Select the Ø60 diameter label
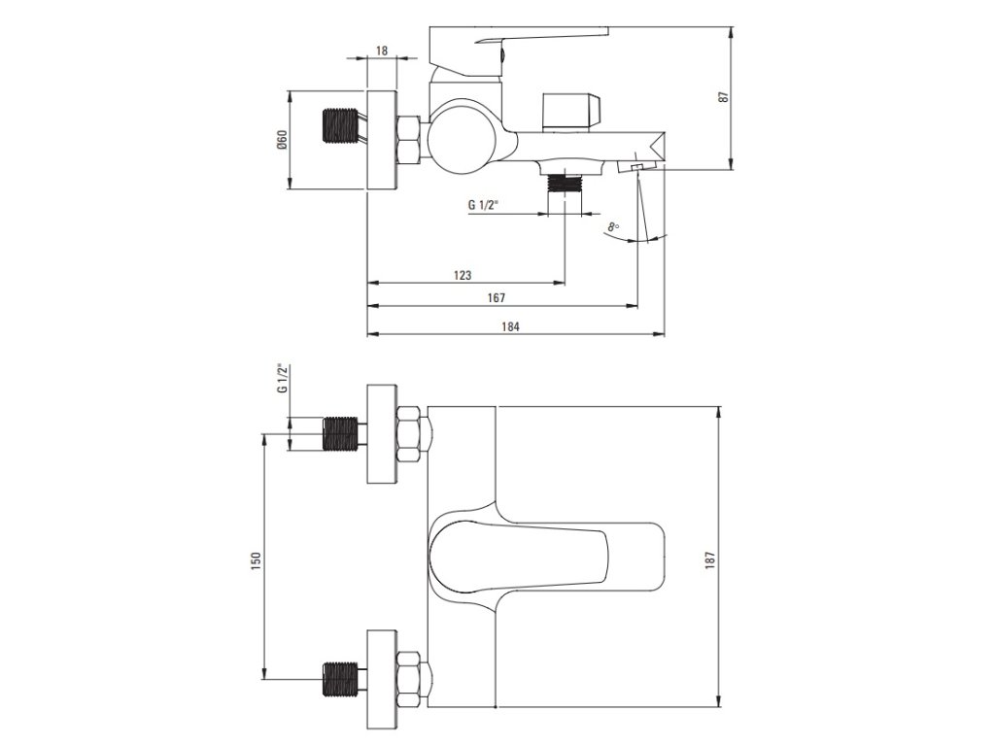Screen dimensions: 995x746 pos(281,140)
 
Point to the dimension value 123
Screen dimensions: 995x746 pos(463,275)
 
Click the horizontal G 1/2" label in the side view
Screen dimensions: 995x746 pos(483,205)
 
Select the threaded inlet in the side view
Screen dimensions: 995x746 pos(339,127)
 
